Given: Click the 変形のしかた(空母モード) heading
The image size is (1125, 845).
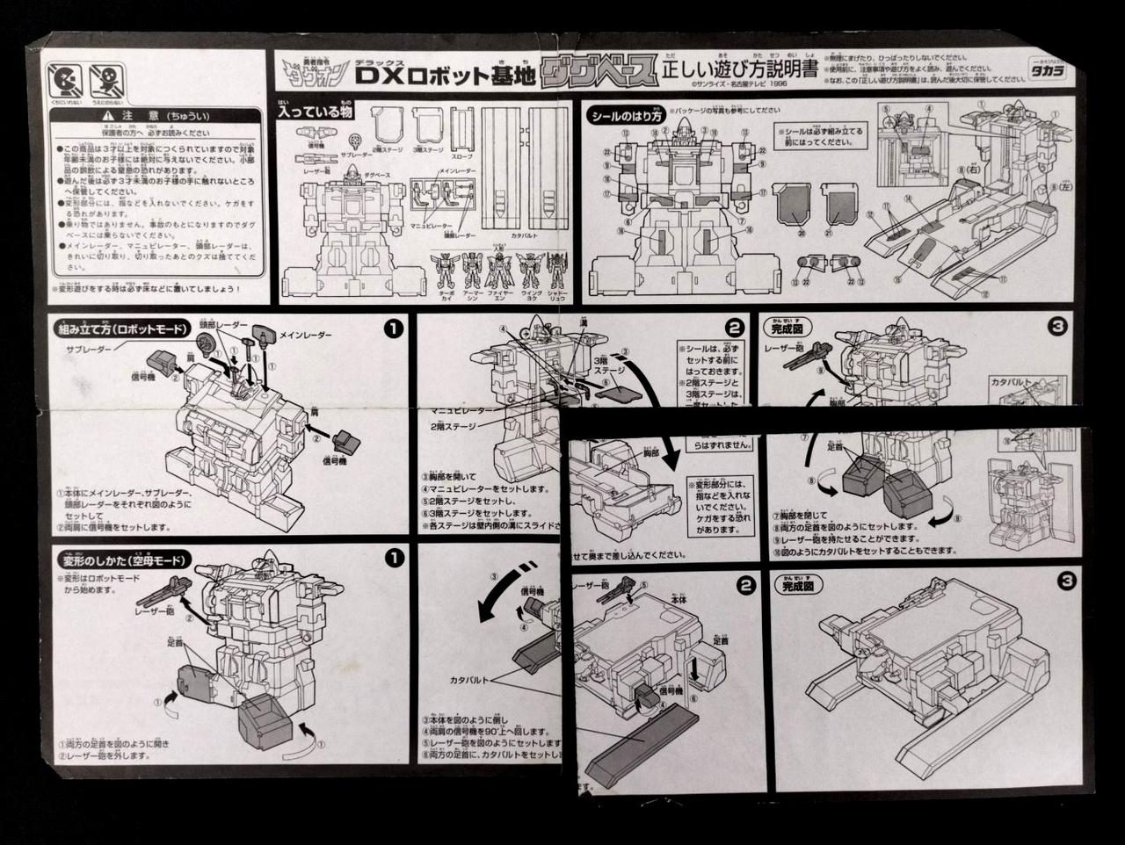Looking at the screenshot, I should tap(117, 559).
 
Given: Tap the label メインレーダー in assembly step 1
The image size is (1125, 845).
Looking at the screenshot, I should tap(306, 334).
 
